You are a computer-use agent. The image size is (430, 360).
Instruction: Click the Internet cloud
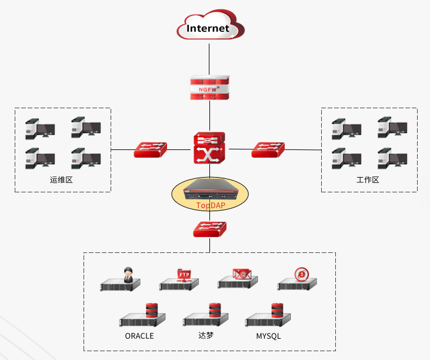point(210,27)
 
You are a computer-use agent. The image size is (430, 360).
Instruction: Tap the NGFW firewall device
point(209,88)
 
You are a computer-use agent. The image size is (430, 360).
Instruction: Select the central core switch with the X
point(209,148)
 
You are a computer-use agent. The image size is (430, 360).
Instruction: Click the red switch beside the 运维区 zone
point(151,149)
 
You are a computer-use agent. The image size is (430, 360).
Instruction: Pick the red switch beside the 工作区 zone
point(268,149)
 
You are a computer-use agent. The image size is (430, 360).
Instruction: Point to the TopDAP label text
point(210,205)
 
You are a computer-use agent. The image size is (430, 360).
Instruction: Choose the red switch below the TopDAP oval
point(209,229)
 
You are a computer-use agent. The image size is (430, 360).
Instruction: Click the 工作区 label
point(368,179)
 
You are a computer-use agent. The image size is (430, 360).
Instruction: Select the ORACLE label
point(139,336)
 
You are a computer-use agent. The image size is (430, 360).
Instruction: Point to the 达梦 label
point(206,336)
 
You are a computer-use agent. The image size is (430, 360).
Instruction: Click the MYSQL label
point(268,336)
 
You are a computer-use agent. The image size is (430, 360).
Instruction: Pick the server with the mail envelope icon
point(239,280)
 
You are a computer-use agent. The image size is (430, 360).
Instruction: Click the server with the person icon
point(121,282)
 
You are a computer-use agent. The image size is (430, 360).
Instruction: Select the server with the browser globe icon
point(298,281)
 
